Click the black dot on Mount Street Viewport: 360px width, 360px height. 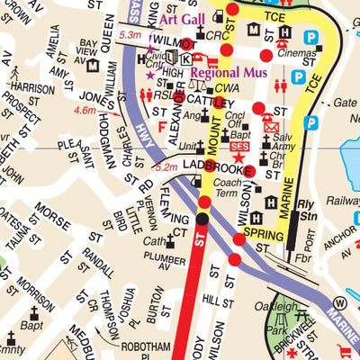pos(202,218)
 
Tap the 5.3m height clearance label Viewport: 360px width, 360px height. pos(130,35)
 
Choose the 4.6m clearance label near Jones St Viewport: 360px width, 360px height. pos(85,110)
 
